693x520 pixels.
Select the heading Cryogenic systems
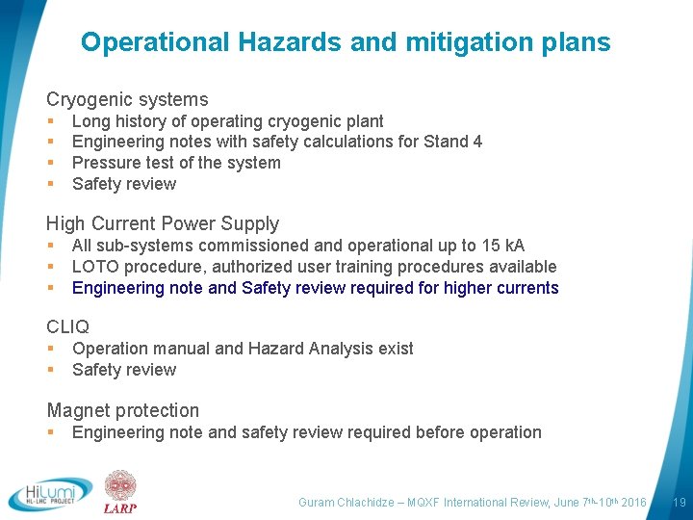[127, 99]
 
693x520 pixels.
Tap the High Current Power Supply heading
[163, 223]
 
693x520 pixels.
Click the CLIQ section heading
[67, 327]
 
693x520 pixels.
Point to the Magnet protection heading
[122, 410]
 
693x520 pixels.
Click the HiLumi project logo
[50, 493]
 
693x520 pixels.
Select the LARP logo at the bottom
[120, 492]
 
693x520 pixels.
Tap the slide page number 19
[679, 502]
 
